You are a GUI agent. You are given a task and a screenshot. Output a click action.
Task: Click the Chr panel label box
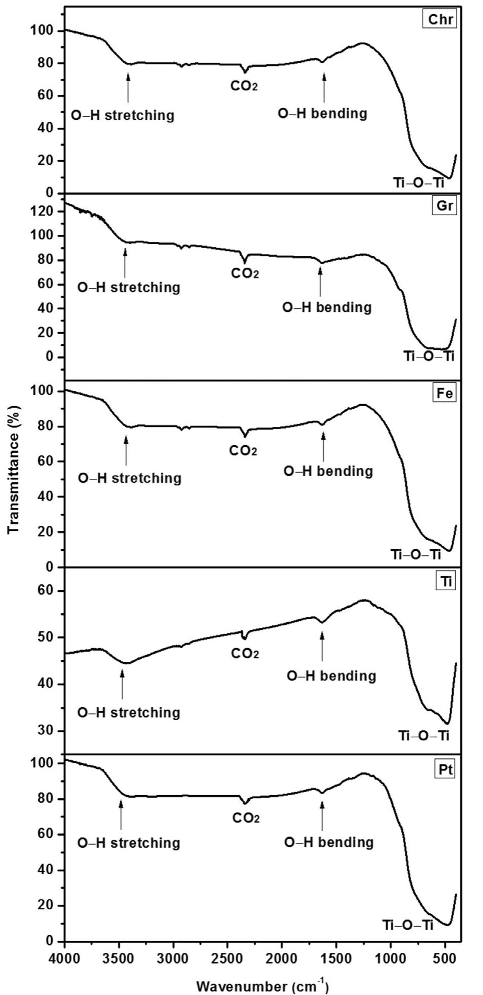(x=439, y=20)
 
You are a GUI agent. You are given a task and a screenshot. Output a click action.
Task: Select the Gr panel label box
(x=444, y=206)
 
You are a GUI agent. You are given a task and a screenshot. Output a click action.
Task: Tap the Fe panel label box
(x=444, y=394)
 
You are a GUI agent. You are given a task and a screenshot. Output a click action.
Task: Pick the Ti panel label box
(x=446, y=582)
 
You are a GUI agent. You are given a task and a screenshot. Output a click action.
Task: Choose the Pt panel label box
(x=444, y=770)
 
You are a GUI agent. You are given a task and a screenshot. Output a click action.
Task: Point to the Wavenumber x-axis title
(x=262, y=986)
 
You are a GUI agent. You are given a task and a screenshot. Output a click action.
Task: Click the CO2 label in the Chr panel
(x=244, y=86)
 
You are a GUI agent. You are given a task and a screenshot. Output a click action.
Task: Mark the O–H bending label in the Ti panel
(x=331, y=676)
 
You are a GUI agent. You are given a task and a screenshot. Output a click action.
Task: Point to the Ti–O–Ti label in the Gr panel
(x=429, y=357)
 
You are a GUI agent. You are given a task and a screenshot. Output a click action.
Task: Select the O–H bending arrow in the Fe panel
(x=323, y=446)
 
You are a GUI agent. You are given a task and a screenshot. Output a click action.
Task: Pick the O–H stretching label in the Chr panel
(x=123, y=115)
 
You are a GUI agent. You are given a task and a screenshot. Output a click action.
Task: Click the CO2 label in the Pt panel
(x=246, y=818)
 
